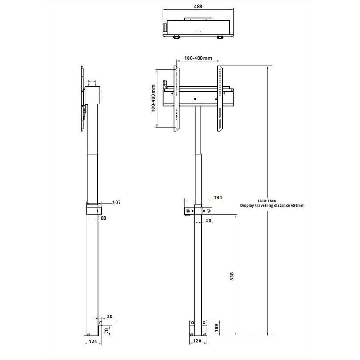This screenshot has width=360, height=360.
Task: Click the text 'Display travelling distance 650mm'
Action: [272, 206]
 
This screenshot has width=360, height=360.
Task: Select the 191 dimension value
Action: [218, 197]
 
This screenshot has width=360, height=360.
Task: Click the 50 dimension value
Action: [209, 220]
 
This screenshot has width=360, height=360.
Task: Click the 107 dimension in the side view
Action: [116, 203]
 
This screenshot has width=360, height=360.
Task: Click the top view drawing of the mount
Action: [198, 28]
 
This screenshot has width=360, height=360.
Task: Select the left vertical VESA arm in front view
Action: [176, 99]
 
